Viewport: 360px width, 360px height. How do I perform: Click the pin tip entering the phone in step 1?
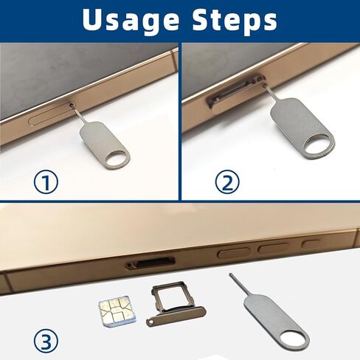click(x=72, y=108)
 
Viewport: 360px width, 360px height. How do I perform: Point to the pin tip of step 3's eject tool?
click(x=232, y=276)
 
